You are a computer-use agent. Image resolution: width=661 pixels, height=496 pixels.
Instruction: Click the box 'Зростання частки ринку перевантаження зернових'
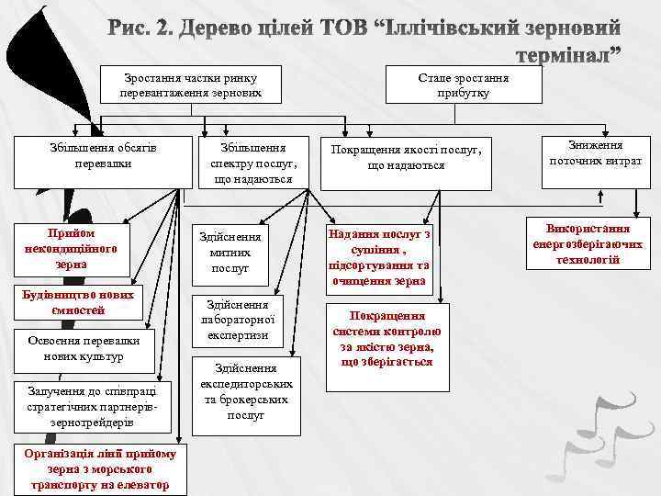(190, 85)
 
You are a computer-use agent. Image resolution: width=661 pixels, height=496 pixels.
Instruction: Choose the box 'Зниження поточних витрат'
(595, 153)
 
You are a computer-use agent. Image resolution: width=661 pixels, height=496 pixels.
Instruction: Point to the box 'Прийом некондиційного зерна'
(71, 249)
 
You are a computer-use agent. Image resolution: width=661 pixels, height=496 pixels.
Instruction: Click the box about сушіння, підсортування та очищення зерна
(377, 258)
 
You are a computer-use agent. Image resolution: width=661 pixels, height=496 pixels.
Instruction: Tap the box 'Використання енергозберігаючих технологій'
(586, 244)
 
